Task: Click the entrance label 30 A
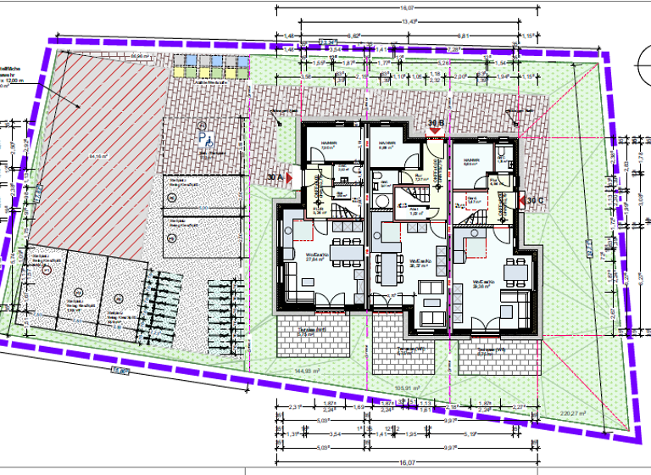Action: (275, 177)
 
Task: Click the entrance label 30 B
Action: (436, 125)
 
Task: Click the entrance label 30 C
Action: (533, 200)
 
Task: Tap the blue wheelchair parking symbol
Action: (203, 134)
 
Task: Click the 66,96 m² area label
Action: (136, 57)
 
